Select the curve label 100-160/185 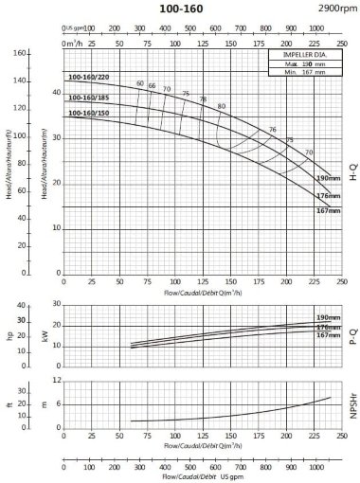tap(86, 98)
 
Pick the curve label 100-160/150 tap(86, 114)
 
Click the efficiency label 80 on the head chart tap(222, 105)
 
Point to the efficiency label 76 tap(273, 129)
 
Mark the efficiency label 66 tap(152, 86)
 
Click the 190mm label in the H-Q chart tap(327, 177)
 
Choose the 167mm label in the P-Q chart tap(327, 334)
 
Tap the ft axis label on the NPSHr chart tap(10, 403)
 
